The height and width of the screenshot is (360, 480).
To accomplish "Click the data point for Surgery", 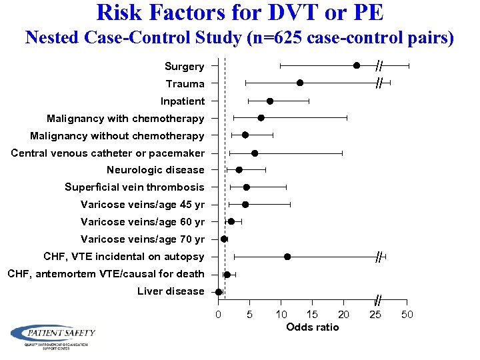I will point(357,65).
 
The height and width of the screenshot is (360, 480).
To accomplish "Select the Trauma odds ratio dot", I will point(300,83).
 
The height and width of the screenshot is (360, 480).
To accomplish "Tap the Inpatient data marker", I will point(270,101).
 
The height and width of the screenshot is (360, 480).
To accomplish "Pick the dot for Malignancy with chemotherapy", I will point(261,118).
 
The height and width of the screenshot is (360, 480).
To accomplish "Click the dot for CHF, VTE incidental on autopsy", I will point(287,257).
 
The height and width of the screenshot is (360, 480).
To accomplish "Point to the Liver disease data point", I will point(219,291).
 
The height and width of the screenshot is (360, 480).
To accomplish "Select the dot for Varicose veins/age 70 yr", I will point(224,239).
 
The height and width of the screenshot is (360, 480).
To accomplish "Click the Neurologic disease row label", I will point(155,170).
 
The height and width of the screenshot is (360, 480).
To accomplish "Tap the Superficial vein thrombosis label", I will point(135,187).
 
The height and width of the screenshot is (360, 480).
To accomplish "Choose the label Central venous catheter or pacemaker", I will point(108,153).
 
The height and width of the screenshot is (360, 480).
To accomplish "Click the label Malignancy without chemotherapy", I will point(117,136).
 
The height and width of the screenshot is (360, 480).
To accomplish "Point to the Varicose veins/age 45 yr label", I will point(143,205).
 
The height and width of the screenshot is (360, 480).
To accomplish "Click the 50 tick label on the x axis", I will point(407,314).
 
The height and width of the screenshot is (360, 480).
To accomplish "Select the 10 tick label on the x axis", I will point(281,314).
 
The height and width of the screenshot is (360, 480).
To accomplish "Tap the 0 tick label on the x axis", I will point(218,314).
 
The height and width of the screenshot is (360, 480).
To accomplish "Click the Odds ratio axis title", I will point(312,327).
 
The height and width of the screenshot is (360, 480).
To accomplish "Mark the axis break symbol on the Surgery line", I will point(378,65).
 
